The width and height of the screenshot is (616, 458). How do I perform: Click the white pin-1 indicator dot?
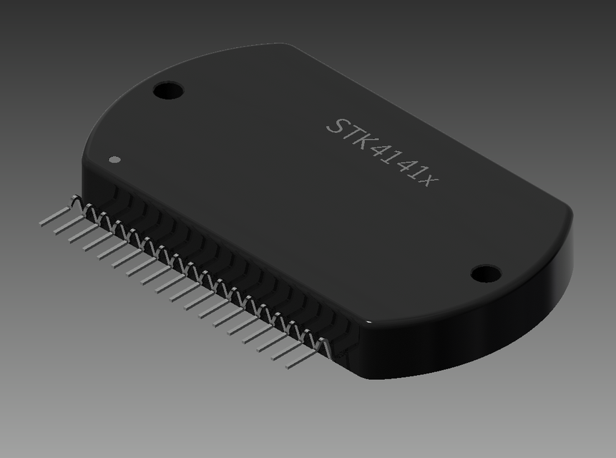point(113,159)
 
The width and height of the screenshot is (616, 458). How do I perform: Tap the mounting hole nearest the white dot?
point(168,91)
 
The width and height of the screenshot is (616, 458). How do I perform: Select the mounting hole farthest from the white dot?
point(486,273)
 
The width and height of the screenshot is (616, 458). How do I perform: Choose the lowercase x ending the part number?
point(427,180)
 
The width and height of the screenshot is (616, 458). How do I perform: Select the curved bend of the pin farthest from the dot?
point(323,344)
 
